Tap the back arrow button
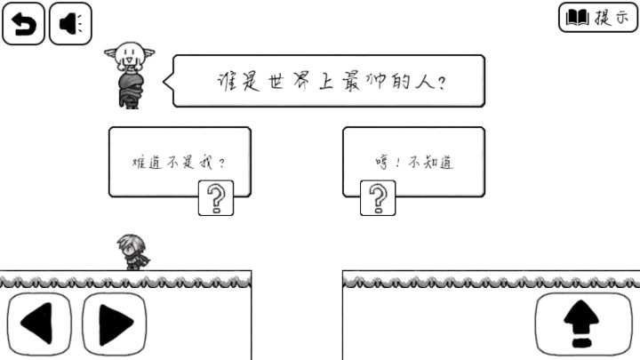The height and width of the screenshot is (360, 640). click(23, 23)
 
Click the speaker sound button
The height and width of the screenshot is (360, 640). click(70, 23)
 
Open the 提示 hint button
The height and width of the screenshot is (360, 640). click(598, 17)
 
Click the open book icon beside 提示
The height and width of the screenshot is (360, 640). click(577, 18)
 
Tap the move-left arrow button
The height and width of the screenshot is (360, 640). click(39, 324)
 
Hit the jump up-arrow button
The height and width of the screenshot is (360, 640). click(583, 324)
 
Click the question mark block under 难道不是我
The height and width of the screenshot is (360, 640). click(216, 198)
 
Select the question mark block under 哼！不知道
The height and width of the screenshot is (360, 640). click(378, 198)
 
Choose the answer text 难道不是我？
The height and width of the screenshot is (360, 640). click(179, 163)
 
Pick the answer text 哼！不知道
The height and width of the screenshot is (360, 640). click(414, 163)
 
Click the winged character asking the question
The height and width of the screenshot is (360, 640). click(130, 76)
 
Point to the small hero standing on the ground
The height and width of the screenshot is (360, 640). click(133, 252)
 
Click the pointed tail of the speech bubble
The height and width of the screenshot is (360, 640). click(164, 81)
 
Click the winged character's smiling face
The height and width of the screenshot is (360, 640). click(129, 55)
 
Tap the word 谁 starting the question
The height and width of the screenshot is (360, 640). click(226, 82)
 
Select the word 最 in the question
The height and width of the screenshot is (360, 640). click(350, 81)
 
